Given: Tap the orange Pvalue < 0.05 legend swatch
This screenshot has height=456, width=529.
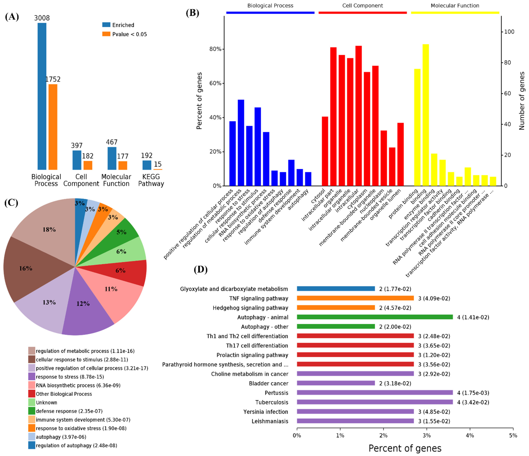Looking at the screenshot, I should pos(106,34).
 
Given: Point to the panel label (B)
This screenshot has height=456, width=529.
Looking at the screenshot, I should pos(193,13).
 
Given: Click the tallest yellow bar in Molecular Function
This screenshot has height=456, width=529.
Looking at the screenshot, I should pos(426,115).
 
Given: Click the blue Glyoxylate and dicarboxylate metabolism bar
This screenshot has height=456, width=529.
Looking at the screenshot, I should pos(336,289).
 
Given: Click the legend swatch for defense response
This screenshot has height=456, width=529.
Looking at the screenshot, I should pos(32,411).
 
